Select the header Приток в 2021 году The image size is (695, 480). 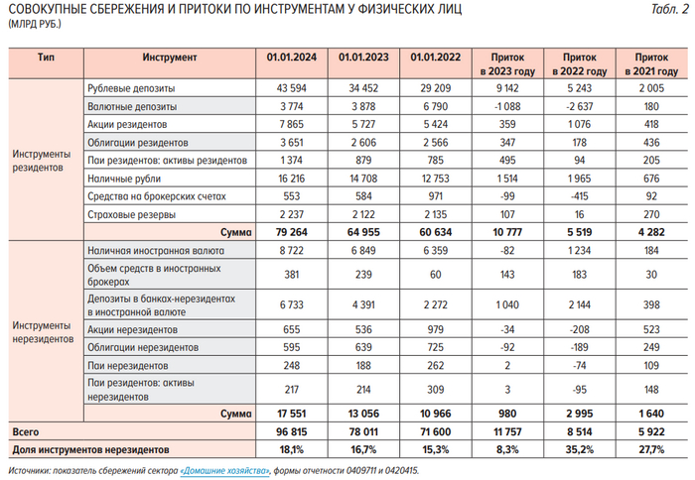pyautogui.click(x=650, y=64)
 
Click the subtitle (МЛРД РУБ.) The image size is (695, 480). pyautogui.click(x=35, y=26)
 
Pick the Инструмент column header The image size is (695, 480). pyautogui.click(x=169, y=59)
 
